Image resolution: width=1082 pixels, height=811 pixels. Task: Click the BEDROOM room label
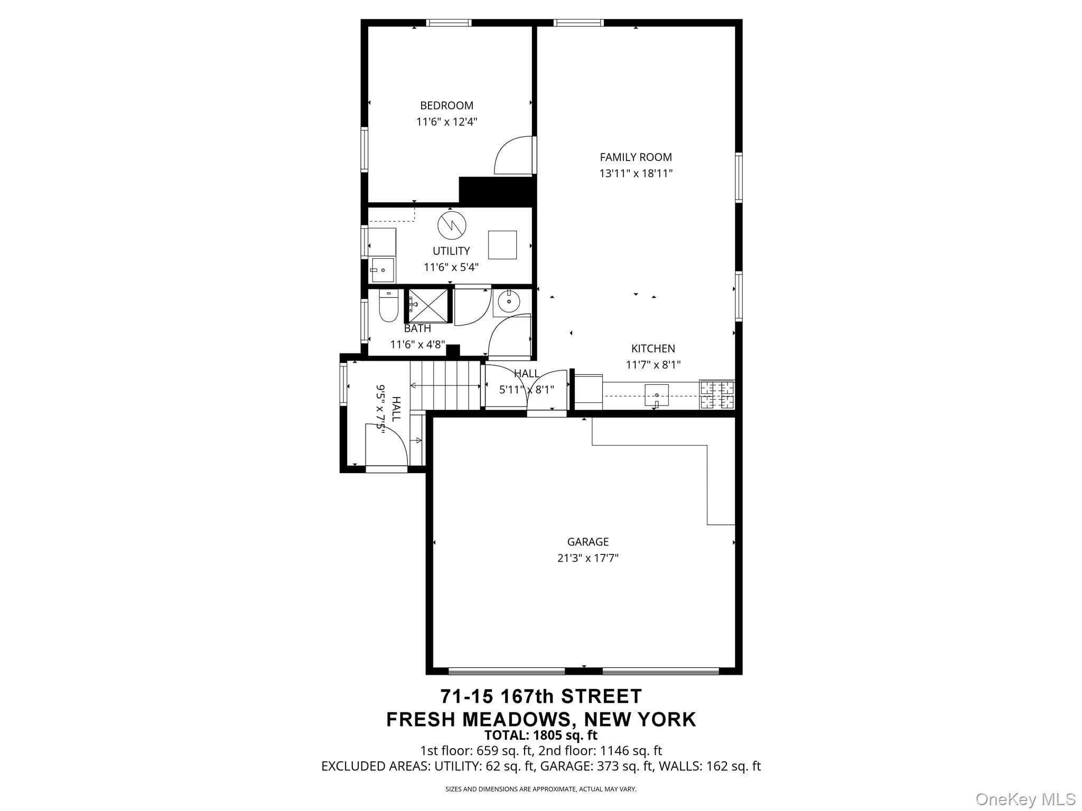coord(446,106)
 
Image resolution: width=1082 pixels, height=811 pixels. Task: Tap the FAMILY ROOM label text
coord(636,157)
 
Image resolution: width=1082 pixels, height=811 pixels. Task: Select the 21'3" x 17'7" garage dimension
coord(587,558)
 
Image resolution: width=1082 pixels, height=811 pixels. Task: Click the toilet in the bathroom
coord(388,307)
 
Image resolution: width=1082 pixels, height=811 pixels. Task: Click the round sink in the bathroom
coord(509,302)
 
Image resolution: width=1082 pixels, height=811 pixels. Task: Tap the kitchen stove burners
coord(717,394)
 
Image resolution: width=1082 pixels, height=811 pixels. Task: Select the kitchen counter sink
coord(656,395)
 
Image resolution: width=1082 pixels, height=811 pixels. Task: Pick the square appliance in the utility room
coord(502,244)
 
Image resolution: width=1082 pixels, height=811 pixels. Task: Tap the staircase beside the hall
coord(445,385)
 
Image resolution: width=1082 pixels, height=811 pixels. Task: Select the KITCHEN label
coord(653,348)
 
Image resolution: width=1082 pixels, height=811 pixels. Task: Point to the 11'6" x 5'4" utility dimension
coord(451,267)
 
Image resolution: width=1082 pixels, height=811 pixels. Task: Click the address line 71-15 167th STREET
coord(541,696)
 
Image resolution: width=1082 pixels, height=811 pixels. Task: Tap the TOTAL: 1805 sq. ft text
coord(541,735)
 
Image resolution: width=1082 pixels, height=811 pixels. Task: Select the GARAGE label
coord(587,542)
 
